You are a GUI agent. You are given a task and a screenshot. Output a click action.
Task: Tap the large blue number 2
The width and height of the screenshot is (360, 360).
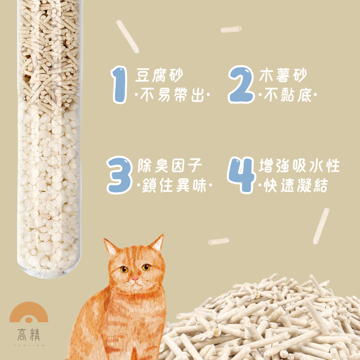pos(241,85)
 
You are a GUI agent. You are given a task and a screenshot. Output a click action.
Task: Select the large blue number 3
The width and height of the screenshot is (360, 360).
pos(120,175)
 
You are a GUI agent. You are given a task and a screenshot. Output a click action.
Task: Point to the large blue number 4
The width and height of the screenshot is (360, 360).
pos(242,175)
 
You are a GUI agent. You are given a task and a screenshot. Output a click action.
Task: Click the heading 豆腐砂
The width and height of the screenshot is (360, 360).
pos(159,75)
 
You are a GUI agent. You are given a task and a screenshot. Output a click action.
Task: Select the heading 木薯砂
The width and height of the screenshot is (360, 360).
pos(283,75)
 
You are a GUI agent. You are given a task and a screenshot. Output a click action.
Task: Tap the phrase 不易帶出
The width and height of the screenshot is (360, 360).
pos(172,94)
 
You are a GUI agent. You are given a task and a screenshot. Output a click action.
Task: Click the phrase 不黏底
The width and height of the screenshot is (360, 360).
pos(288,94)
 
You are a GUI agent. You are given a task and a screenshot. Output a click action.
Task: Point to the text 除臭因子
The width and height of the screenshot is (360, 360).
pos(170,165)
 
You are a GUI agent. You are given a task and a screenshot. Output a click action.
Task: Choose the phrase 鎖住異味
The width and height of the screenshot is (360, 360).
pos(174,185)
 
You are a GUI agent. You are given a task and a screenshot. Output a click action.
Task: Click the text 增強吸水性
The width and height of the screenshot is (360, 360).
pos(299,165)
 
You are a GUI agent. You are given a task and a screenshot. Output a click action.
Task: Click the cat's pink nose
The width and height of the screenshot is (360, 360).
pos(135,279)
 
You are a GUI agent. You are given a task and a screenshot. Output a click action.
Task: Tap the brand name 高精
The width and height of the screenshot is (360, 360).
pos(29,334)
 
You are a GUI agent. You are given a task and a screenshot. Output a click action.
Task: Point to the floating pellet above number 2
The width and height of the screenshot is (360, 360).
pos(231,29)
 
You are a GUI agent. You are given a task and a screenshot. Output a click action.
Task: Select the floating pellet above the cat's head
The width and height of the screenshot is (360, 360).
pos(218,241)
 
